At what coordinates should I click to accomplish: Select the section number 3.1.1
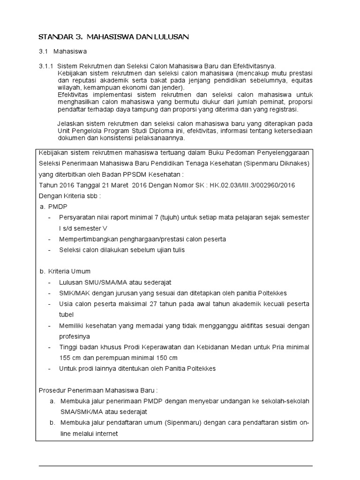[46, 67]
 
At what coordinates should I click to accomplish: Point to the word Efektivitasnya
[254, 67]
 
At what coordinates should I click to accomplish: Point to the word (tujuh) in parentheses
[178, 217]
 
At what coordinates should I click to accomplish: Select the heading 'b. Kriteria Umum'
[65, 271]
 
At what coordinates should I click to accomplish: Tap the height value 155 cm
[69, 358]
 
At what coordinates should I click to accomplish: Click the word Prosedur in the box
[52, 390]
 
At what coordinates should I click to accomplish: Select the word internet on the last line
[105, 434]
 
